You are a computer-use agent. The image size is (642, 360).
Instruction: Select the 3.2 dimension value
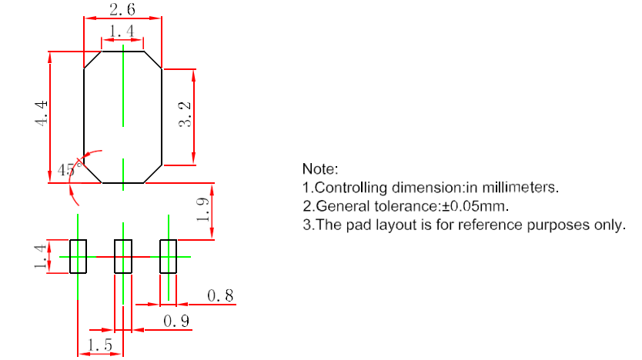[185, 116]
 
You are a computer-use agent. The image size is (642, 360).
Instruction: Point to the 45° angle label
[68, 170]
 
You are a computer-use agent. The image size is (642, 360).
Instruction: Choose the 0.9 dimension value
[177, 322]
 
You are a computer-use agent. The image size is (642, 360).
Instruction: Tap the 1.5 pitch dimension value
[100, 345]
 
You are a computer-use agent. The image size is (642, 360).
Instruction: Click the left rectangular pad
[79, 256]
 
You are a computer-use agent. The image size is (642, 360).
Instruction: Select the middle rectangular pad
[123, 256]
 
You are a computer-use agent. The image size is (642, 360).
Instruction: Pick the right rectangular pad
[169, 256]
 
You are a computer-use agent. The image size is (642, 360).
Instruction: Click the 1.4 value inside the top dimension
[122, 32]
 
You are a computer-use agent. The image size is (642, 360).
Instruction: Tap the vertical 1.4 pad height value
[38, 256]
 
